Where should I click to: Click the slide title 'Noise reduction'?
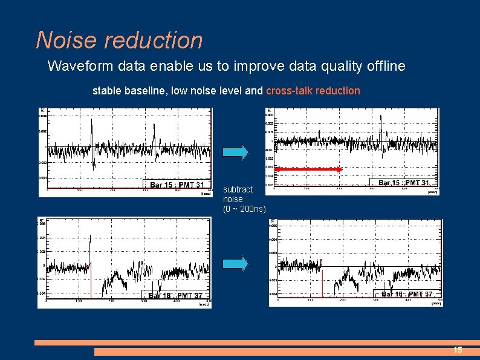119,40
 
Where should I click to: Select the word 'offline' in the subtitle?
386,66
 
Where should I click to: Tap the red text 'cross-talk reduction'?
313,91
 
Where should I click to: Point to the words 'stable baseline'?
129,91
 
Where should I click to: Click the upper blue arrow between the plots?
235,152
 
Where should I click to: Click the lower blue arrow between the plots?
235,263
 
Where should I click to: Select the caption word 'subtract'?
238,189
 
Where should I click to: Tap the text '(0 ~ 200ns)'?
244,209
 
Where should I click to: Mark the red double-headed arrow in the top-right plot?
309,169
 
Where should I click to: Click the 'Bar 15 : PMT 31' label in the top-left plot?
177,185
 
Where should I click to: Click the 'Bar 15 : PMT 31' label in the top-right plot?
404,183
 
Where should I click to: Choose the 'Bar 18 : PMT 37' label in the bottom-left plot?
175,296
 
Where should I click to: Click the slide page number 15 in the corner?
458,350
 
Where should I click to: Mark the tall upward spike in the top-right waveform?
381,124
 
